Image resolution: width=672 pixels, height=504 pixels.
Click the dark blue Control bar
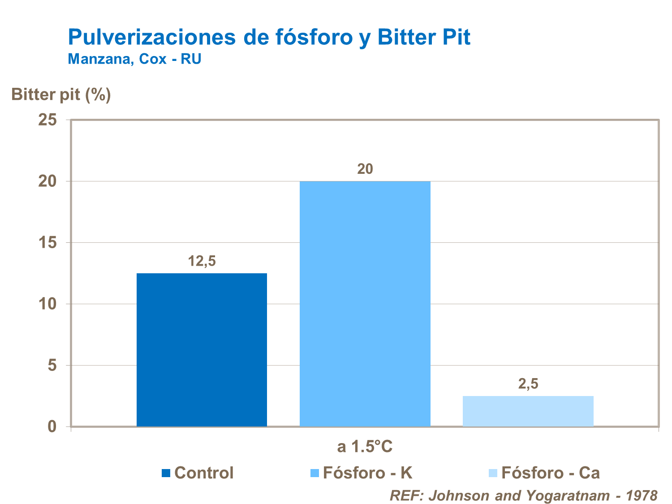click(x=202, y=349)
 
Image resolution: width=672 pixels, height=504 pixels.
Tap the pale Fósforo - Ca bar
click(x=528, y=411)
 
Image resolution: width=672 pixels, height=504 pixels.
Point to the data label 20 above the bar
click(x=365, y=169)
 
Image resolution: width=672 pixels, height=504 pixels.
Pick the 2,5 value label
click(x=528, y=384)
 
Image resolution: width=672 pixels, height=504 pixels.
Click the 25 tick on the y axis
click(x=47, y=120)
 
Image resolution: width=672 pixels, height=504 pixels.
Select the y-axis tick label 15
click(x=47, y=243)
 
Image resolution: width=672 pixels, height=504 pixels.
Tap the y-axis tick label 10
click(x=47, y=304)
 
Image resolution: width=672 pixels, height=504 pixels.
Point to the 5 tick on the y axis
click(x=52, y=366)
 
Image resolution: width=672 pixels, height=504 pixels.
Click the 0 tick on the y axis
click(x=52, y=426)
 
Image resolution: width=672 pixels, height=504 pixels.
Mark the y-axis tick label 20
click(x=47, y=181)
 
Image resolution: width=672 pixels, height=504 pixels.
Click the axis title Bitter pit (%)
click(x=61, y=95)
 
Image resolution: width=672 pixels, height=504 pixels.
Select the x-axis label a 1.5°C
click(x=365, y=447)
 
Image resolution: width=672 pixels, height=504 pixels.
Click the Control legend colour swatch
click(x=166, y=473)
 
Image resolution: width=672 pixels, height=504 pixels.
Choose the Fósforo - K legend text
click(x=367, y=473)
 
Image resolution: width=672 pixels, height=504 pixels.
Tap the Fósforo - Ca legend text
click(x=550, y=473)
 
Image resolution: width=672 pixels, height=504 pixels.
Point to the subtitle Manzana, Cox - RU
click(x=134, y=59)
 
